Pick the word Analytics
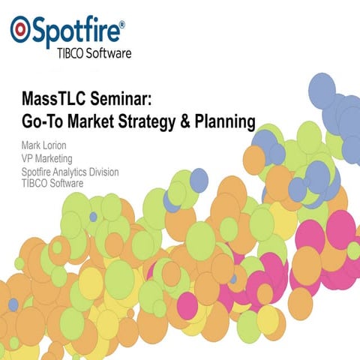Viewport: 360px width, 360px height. [x=80, y=172]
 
